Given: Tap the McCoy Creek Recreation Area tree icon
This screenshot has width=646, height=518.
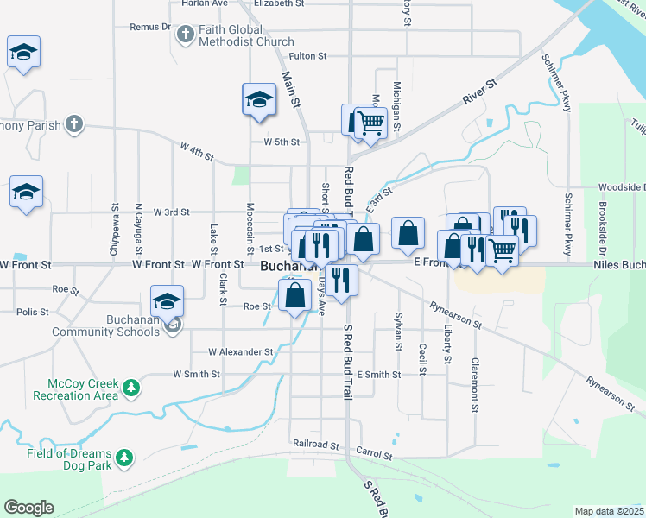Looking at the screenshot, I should coord(131,388).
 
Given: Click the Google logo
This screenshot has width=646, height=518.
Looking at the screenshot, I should coord(28,508).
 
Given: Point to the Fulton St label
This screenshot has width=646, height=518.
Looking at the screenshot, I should coord(307,56).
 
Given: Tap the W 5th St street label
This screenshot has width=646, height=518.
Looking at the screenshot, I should coord(282,142).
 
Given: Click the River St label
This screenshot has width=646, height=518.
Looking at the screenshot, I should coord(480,91).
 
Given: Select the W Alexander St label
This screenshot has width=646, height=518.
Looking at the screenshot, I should coord(241,352).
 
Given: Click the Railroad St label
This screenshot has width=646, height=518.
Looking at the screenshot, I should coord(316,445).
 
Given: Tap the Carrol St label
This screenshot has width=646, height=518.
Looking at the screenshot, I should coord(374,453).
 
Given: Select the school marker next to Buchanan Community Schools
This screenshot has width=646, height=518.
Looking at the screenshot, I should coord(167,300).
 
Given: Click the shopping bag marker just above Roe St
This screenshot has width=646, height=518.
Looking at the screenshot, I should coord(295,294).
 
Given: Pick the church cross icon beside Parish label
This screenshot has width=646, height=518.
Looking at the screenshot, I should coord(75,125).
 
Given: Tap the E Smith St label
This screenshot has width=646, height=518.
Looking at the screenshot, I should coord(378,375).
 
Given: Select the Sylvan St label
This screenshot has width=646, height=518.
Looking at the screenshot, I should coord(399,332).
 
